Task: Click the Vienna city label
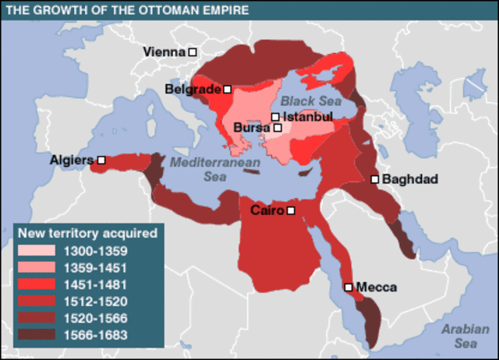(x=165, y=51)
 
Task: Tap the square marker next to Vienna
(x=192, y=51)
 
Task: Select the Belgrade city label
(x=193, y=90)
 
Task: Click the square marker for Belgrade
(x=227, y=90)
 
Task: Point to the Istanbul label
(x=307, y=117)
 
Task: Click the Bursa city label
(x=252, y=127)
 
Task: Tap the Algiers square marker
(x=101, y=160)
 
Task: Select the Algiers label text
(x=72, y=160)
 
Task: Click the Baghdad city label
(x=410, y=179)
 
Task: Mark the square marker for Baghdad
(x=375, y=179)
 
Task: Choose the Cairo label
(x=267, y=210)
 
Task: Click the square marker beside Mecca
(x=349, y=287)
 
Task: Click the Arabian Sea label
(x=465, y=334)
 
